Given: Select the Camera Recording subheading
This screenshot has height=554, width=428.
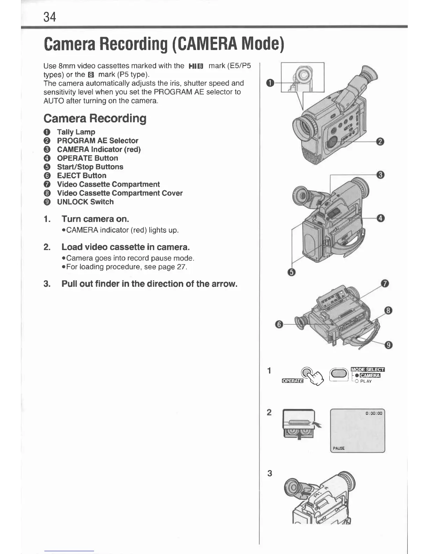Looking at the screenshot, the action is pos(95,118).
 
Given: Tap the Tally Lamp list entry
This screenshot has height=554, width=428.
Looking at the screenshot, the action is pos(76,132).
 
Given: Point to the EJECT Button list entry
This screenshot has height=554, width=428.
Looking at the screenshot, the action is pos(81,176).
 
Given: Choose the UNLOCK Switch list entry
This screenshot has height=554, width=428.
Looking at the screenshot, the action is pos(85,202).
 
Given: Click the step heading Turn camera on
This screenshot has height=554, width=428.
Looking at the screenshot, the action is pos(95,219).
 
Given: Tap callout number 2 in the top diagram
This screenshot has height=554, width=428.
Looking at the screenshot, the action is pos(380,142).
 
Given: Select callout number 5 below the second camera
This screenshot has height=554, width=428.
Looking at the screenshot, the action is pos(293,272).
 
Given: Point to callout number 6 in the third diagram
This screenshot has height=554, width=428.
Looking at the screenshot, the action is pos(279,325).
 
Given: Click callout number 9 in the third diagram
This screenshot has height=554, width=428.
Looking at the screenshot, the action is pos(388,346).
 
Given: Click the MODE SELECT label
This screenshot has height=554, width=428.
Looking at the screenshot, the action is pos(368,369).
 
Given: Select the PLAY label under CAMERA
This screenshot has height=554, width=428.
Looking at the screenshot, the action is pos(366,381).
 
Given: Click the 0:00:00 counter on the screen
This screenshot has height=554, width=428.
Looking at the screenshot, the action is pos(374,413).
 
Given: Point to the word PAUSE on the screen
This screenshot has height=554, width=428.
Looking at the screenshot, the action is pos(338,448).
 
